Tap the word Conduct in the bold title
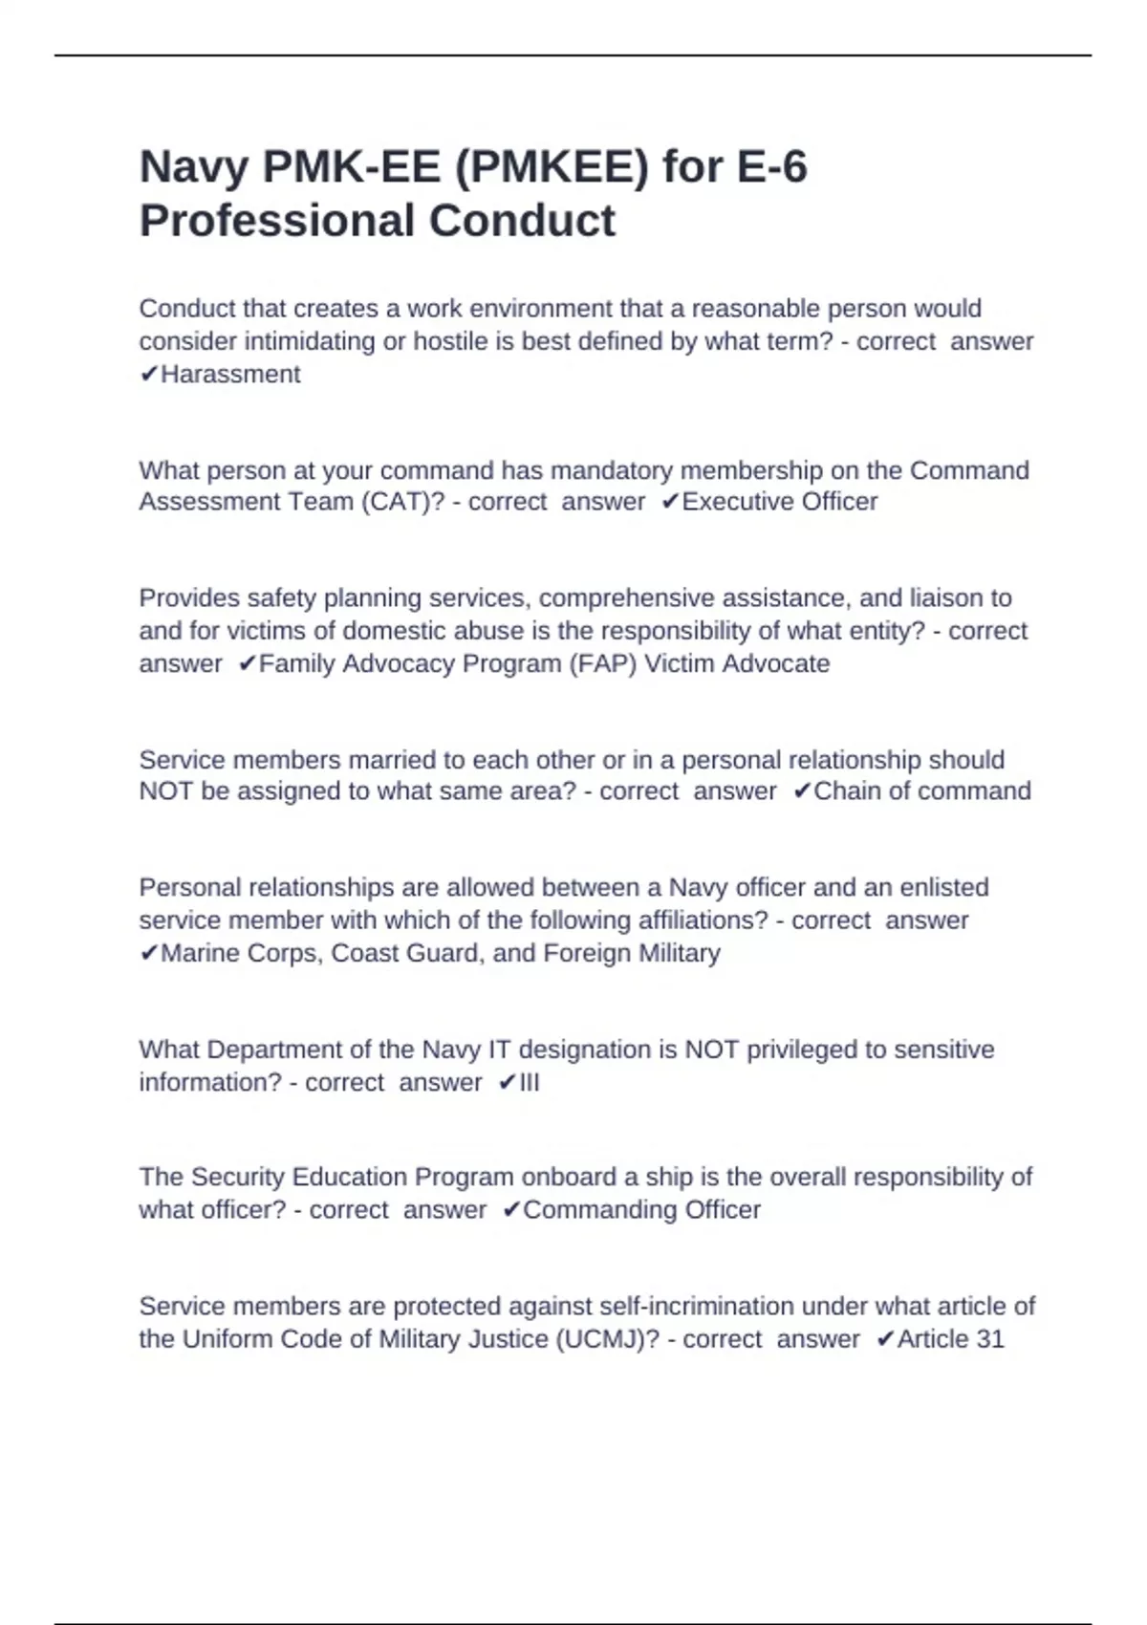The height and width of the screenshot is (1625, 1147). point(522,221)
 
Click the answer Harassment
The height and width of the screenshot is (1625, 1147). point(230,375)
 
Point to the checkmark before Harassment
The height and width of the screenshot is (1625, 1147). point(148,375)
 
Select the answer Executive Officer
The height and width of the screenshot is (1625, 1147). point(779,502)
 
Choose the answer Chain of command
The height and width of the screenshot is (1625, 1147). point(921,791)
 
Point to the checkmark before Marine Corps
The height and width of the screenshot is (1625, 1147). point(148,954)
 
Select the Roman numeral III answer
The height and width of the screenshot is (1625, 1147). point(529,1083)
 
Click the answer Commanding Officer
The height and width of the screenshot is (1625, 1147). point(641,1210)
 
